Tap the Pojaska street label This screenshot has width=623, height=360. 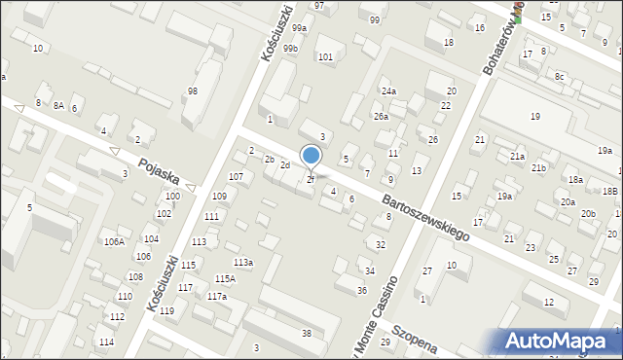(x=158, y=173)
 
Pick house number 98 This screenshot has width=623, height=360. (x=193, y=90)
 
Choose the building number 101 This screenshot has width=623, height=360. (x=325, y=57)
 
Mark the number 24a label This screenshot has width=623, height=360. (x=388, y=90)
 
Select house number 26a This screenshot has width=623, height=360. (x=381, y=117)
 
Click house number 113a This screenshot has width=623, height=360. (x=243, y=263)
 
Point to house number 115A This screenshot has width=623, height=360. (x=225, y=278)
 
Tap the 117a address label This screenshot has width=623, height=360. (x=216, y=297)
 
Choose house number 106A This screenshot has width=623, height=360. (x=114, y=241)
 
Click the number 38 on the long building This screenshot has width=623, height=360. (x=307, y=334)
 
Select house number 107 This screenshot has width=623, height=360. (x=236, y=176)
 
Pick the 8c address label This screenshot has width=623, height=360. (x=559, y=75)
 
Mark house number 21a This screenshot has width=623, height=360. (x=517, y=156)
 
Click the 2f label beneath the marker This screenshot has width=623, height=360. (x=311, y=179)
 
